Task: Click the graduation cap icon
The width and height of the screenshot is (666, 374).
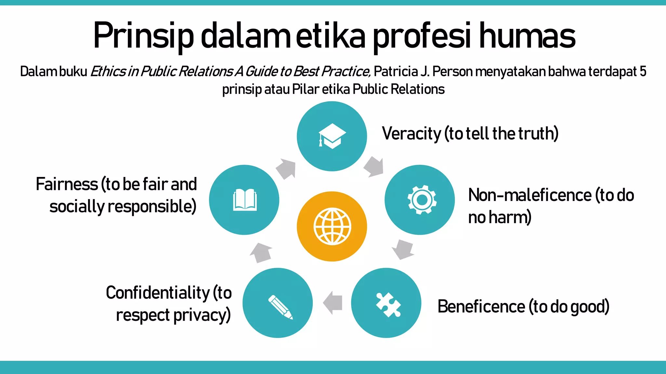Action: (x=332, y=136)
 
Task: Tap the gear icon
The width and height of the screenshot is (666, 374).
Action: (x=422, y=200)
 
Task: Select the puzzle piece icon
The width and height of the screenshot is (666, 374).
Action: (x=388, y=305)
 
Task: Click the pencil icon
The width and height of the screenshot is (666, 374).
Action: (x=280, y=306)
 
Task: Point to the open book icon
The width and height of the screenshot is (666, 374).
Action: (x=245, y=200)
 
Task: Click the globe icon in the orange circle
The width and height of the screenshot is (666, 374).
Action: (x=332, y=226)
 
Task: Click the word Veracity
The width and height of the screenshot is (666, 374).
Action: (x=411, y=133)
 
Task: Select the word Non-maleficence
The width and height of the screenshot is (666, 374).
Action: (x=530, y=195)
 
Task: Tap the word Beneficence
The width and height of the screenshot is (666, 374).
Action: (x=481, y=306)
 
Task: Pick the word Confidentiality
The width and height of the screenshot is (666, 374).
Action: (x=158, y=293)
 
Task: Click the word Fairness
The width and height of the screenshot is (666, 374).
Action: (x=67, y=184)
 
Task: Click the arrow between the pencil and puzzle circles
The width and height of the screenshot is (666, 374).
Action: (x=333, y=303)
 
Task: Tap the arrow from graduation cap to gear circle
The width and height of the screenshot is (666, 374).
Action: (x=374, y=167)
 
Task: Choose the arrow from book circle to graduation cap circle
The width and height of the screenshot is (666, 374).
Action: (x=286, y=168)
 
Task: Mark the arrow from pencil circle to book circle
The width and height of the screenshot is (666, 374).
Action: (x=261, y=253)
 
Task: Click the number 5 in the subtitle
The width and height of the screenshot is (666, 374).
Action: (x=643, y=71)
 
